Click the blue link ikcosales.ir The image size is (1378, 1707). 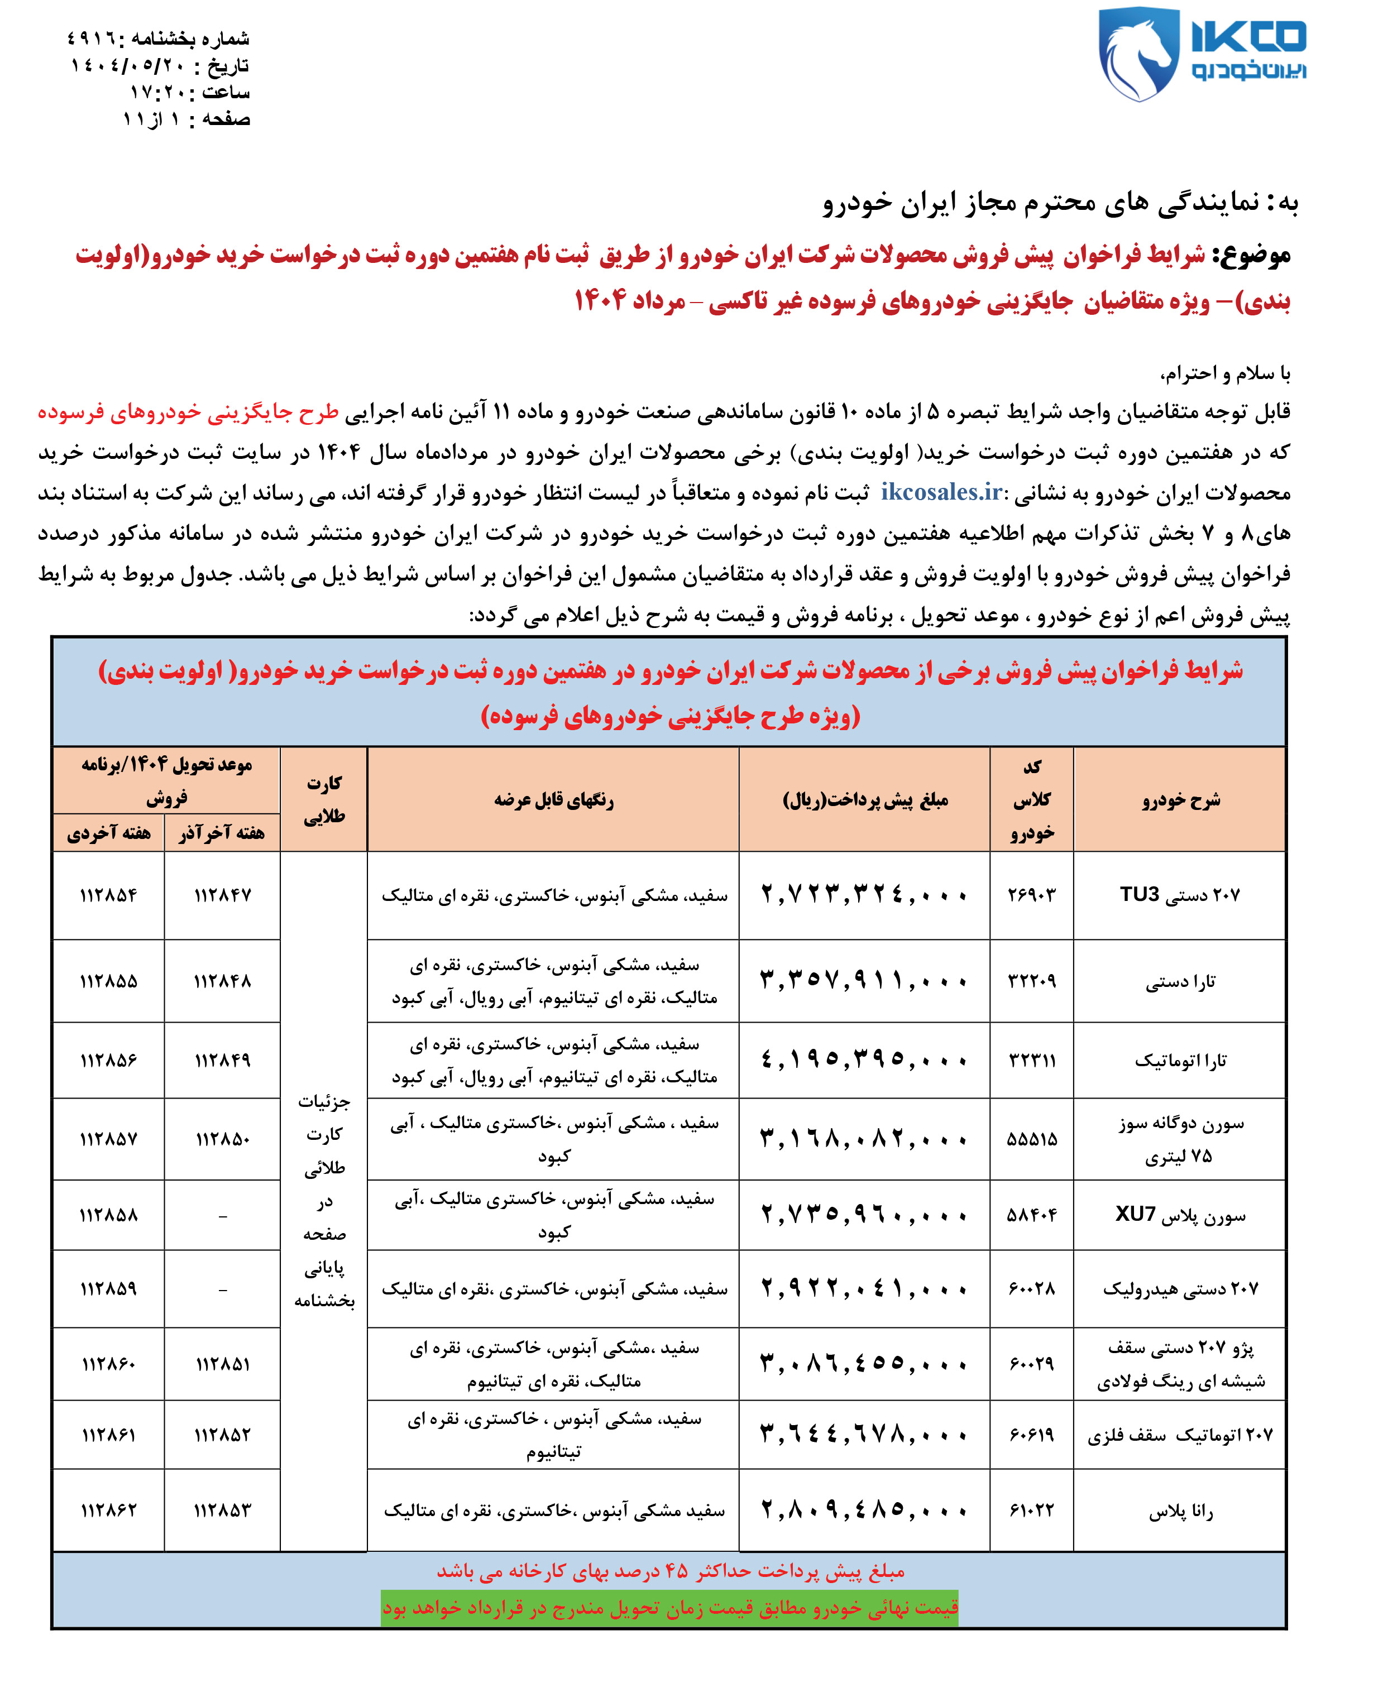pos(941,493)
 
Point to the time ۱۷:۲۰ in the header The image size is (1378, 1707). pos(158,92)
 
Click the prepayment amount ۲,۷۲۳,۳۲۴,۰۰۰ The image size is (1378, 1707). pos(864,895)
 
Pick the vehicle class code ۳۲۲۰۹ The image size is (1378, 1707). pos(1031,981)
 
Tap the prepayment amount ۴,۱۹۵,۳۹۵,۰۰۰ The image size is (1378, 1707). pos(864,1060)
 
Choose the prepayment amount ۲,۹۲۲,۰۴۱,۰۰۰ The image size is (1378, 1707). pos(864,1288)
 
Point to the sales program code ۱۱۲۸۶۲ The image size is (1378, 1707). pos(109,1509)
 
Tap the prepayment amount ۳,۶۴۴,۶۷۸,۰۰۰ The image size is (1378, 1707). pos(864,1434)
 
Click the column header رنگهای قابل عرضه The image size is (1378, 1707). pos(553,800)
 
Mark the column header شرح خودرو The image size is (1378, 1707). pos(1180,800)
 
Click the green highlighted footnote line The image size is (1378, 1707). pos(669,1608)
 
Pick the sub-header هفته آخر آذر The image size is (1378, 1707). pos(222,832)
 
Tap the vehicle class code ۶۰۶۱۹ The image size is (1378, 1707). pos(1031,1435)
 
